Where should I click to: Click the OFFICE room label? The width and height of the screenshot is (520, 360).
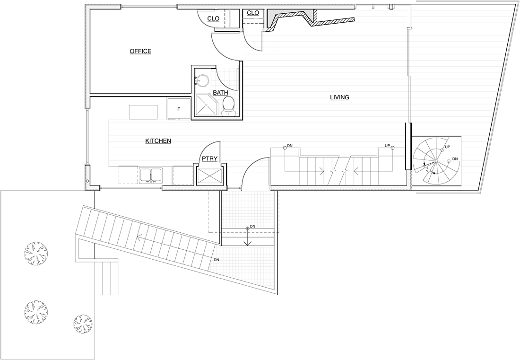coord(140,51)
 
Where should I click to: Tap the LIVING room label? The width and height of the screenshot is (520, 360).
coord(339,97)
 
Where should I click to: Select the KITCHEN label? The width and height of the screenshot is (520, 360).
coord(158,140)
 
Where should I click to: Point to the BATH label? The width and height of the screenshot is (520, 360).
coord(220,93)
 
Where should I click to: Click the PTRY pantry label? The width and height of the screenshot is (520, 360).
coord(209,158)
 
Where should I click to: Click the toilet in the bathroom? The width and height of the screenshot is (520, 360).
coord(228,106)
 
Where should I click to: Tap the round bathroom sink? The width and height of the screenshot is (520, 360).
coord(202,80)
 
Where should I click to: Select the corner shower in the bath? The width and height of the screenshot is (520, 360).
coord(206,105)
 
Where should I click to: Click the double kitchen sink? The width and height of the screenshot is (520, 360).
coord(151,175)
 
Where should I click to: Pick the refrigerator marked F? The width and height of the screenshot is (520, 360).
coord(179,108)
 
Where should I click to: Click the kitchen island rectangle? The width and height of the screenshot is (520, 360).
coord(143,112)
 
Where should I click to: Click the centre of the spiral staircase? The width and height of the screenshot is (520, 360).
coord(436,161)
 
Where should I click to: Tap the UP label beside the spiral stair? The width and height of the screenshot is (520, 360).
coord(447,147)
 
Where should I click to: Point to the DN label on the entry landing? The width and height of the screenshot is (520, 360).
coord(253,226)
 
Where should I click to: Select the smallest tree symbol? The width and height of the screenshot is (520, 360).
coord(82,323)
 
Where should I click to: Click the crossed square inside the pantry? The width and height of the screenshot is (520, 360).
coord(209,176)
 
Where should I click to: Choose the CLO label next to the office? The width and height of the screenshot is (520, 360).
coord(213,18)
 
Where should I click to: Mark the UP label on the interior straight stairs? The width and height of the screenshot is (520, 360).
coord(387,146)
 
